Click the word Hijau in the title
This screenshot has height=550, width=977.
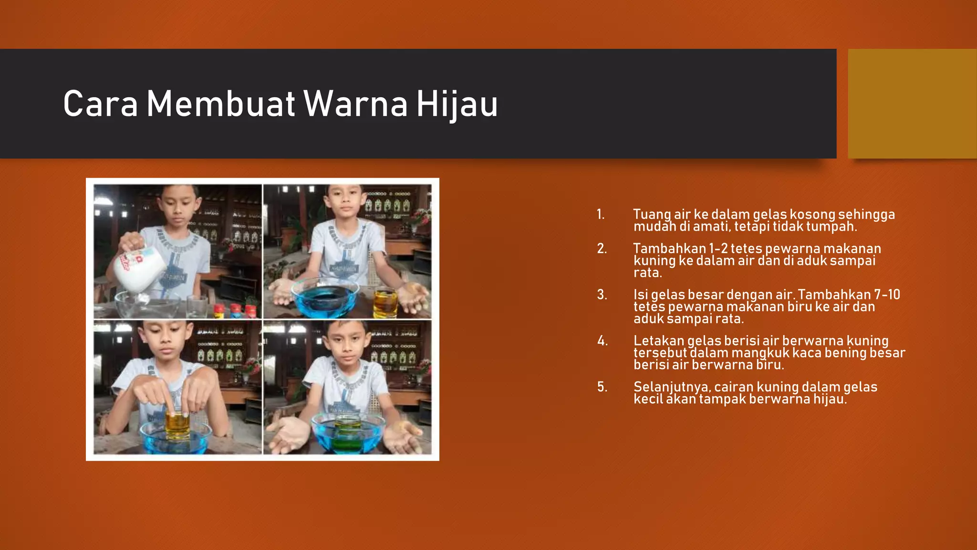tap(457, 104)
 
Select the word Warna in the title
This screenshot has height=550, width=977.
tap(355, 104)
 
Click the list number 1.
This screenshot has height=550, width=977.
tap(601, 214)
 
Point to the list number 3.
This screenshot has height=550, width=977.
tap(602, 295)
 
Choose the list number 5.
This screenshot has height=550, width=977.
tap(602, 387)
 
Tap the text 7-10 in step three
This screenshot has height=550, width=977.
tap(886, 295)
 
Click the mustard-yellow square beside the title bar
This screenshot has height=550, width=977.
tap(912, 104)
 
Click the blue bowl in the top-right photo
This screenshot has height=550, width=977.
tap(325, 298)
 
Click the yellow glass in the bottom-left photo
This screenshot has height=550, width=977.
tap(177, 425)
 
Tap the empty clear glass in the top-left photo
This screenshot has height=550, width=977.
tap(197, 306)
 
